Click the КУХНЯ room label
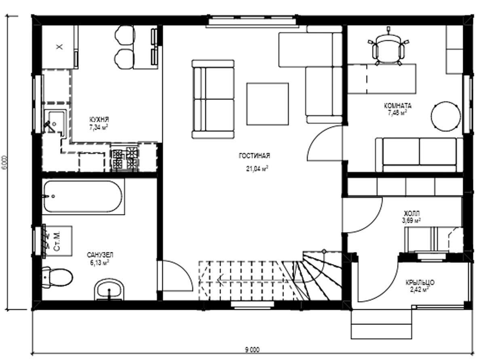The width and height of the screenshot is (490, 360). pyautogui.click(x=99, y=120)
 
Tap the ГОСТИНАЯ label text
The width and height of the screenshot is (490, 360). pyautogui.click(x=254, y=156)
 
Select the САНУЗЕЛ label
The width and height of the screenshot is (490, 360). pyautogui.click(x=100, y=255)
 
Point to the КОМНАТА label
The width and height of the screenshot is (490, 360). pyautogui.click(x=398, y=106)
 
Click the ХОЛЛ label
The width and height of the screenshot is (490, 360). pyautogui.click(x=412, y=214)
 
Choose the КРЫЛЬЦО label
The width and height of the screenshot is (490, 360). pyautogui.click(x=420, y=282)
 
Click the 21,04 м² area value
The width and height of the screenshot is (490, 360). pyautogui.click(x=257, y=169)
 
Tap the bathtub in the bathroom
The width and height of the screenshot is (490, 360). pyautogui.click(x=83, y=196)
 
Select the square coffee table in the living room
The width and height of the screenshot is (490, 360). pyautogui.click(x=268, y=104)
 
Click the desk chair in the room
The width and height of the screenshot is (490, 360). pyautogui.click(x=388, y=49)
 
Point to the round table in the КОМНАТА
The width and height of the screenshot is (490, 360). pyautogui.click(x=446, y=116)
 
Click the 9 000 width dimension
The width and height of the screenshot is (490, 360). pyautogui.click(x=252, y=350)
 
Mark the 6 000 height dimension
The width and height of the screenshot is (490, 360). pyautogui.click(x=5, y=162)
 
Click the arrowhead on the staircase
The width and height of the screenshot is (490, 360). pyautogui.click(x=220, y=280)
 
